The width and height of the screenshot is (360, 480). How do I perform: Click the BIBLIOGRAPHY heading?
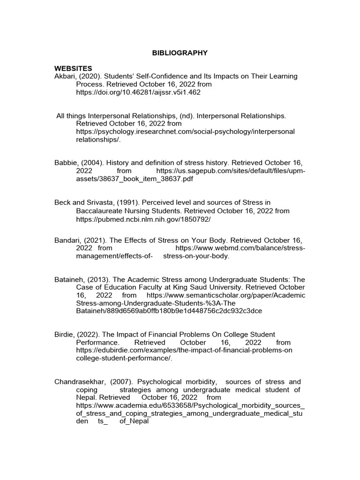tap(180, 53)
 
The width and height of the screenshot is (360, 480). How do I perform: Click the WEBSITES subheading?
tap(73, 68)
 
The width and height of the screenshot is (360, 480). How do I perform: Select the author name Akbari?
tap(66, 76)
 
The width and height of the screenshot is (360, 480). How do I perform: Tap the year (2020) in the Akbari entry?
tap(91, 76)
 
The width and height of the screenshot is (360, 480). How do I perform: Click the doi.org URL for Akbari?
tap(138, 92)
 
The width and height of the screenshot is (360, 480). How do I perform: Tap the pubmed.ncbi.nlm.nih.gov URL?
tap(143, 219)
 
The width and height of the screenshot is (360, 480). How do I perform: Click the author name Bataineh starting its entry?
tap(69, 279)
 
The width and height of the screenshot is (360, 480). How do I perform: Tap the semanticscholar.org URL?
tap(225, 295)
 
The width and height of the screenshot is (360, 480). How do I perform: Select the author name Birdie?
tap(65, 334)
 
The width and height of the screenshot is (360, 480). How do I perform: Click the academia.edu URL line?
tap(190, 405)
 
